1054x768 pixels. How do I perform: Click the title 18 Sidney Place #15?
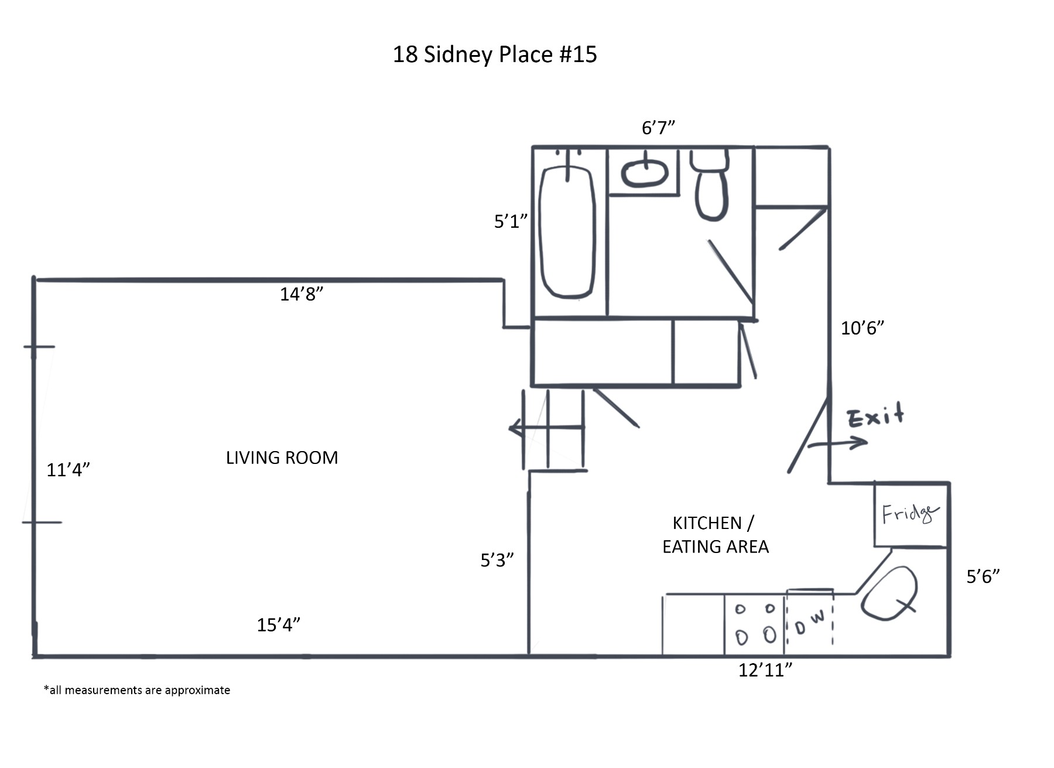(494, 54)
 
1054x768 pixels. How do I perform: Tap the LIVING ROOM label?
(282, 458)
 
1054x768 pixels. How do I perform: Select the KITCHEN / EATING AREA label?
(715, 534)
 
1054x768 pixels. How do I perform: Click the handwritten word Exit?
(875, 417)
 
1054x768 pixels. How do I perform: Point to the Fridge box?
(910, 514)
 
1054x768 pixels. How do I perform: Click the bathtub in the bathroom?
(567, 231)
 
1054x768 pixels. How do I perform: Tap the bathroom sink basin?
(644, 173)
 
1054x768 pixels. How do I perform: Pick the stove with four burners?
(755, 623)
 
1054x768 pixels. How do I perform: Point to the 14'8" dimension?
(301, 294)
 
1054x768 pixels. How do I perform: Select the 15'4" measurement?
(278, 625)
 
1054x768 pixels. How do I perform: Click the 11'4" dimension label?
(68, 470)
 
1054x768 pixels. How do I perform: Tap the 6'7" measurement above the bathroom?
(658, 128)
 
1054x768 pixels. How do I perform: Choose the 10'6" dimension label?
(862, 328)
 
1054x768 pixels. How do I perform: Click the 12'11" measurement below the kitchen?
(765, 670)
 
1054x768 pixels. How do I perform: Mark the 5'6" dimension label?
(983, 577)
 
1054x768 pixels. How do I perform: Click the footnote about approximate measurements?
(137, 690)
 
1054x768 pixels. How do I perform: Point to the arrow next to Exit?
(837, 443)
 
